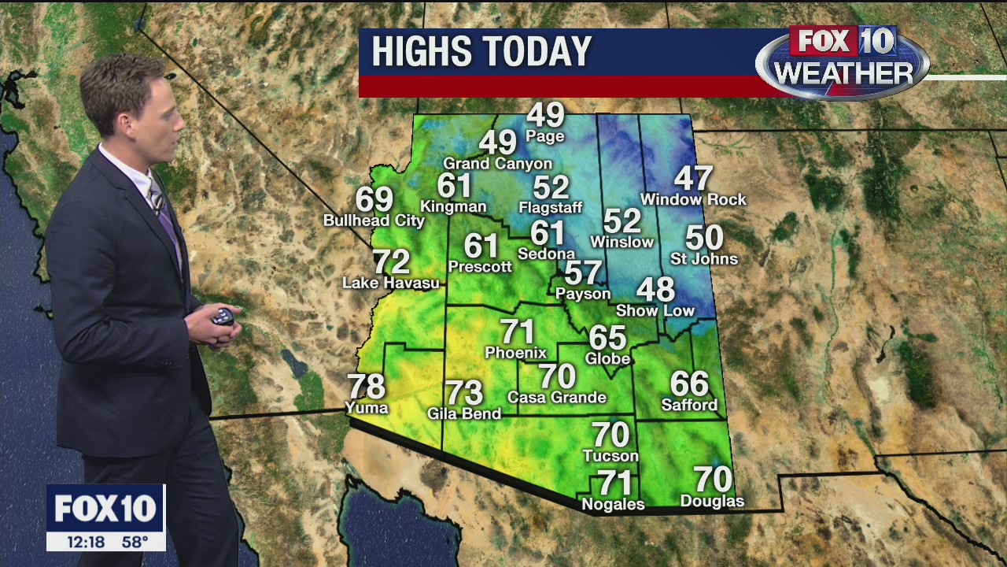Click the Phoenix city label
click(x=515, y=352)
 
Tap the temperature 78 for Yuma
click(x=366, y=387)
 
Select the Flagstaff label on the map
click(x=551, y=208)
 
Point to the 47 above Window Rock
click(x=693, y=179)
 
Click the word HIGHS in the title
click(x=418, y=52)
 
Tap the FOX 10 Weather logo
click(x=842, y=61)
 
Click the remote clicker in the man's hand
click(x=223, y=317)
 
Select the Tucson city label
click(x=610, y=456)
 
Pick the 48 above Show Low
click(x=655, y=290)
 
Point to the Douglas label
click(x=712, y=502)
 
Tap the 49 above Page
click(x=545, y=116)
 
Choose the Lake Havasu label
click(x=391, y=283)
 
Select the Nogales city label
click(x=613, y=504)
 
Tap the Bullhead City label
click(x=374, y=220)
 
